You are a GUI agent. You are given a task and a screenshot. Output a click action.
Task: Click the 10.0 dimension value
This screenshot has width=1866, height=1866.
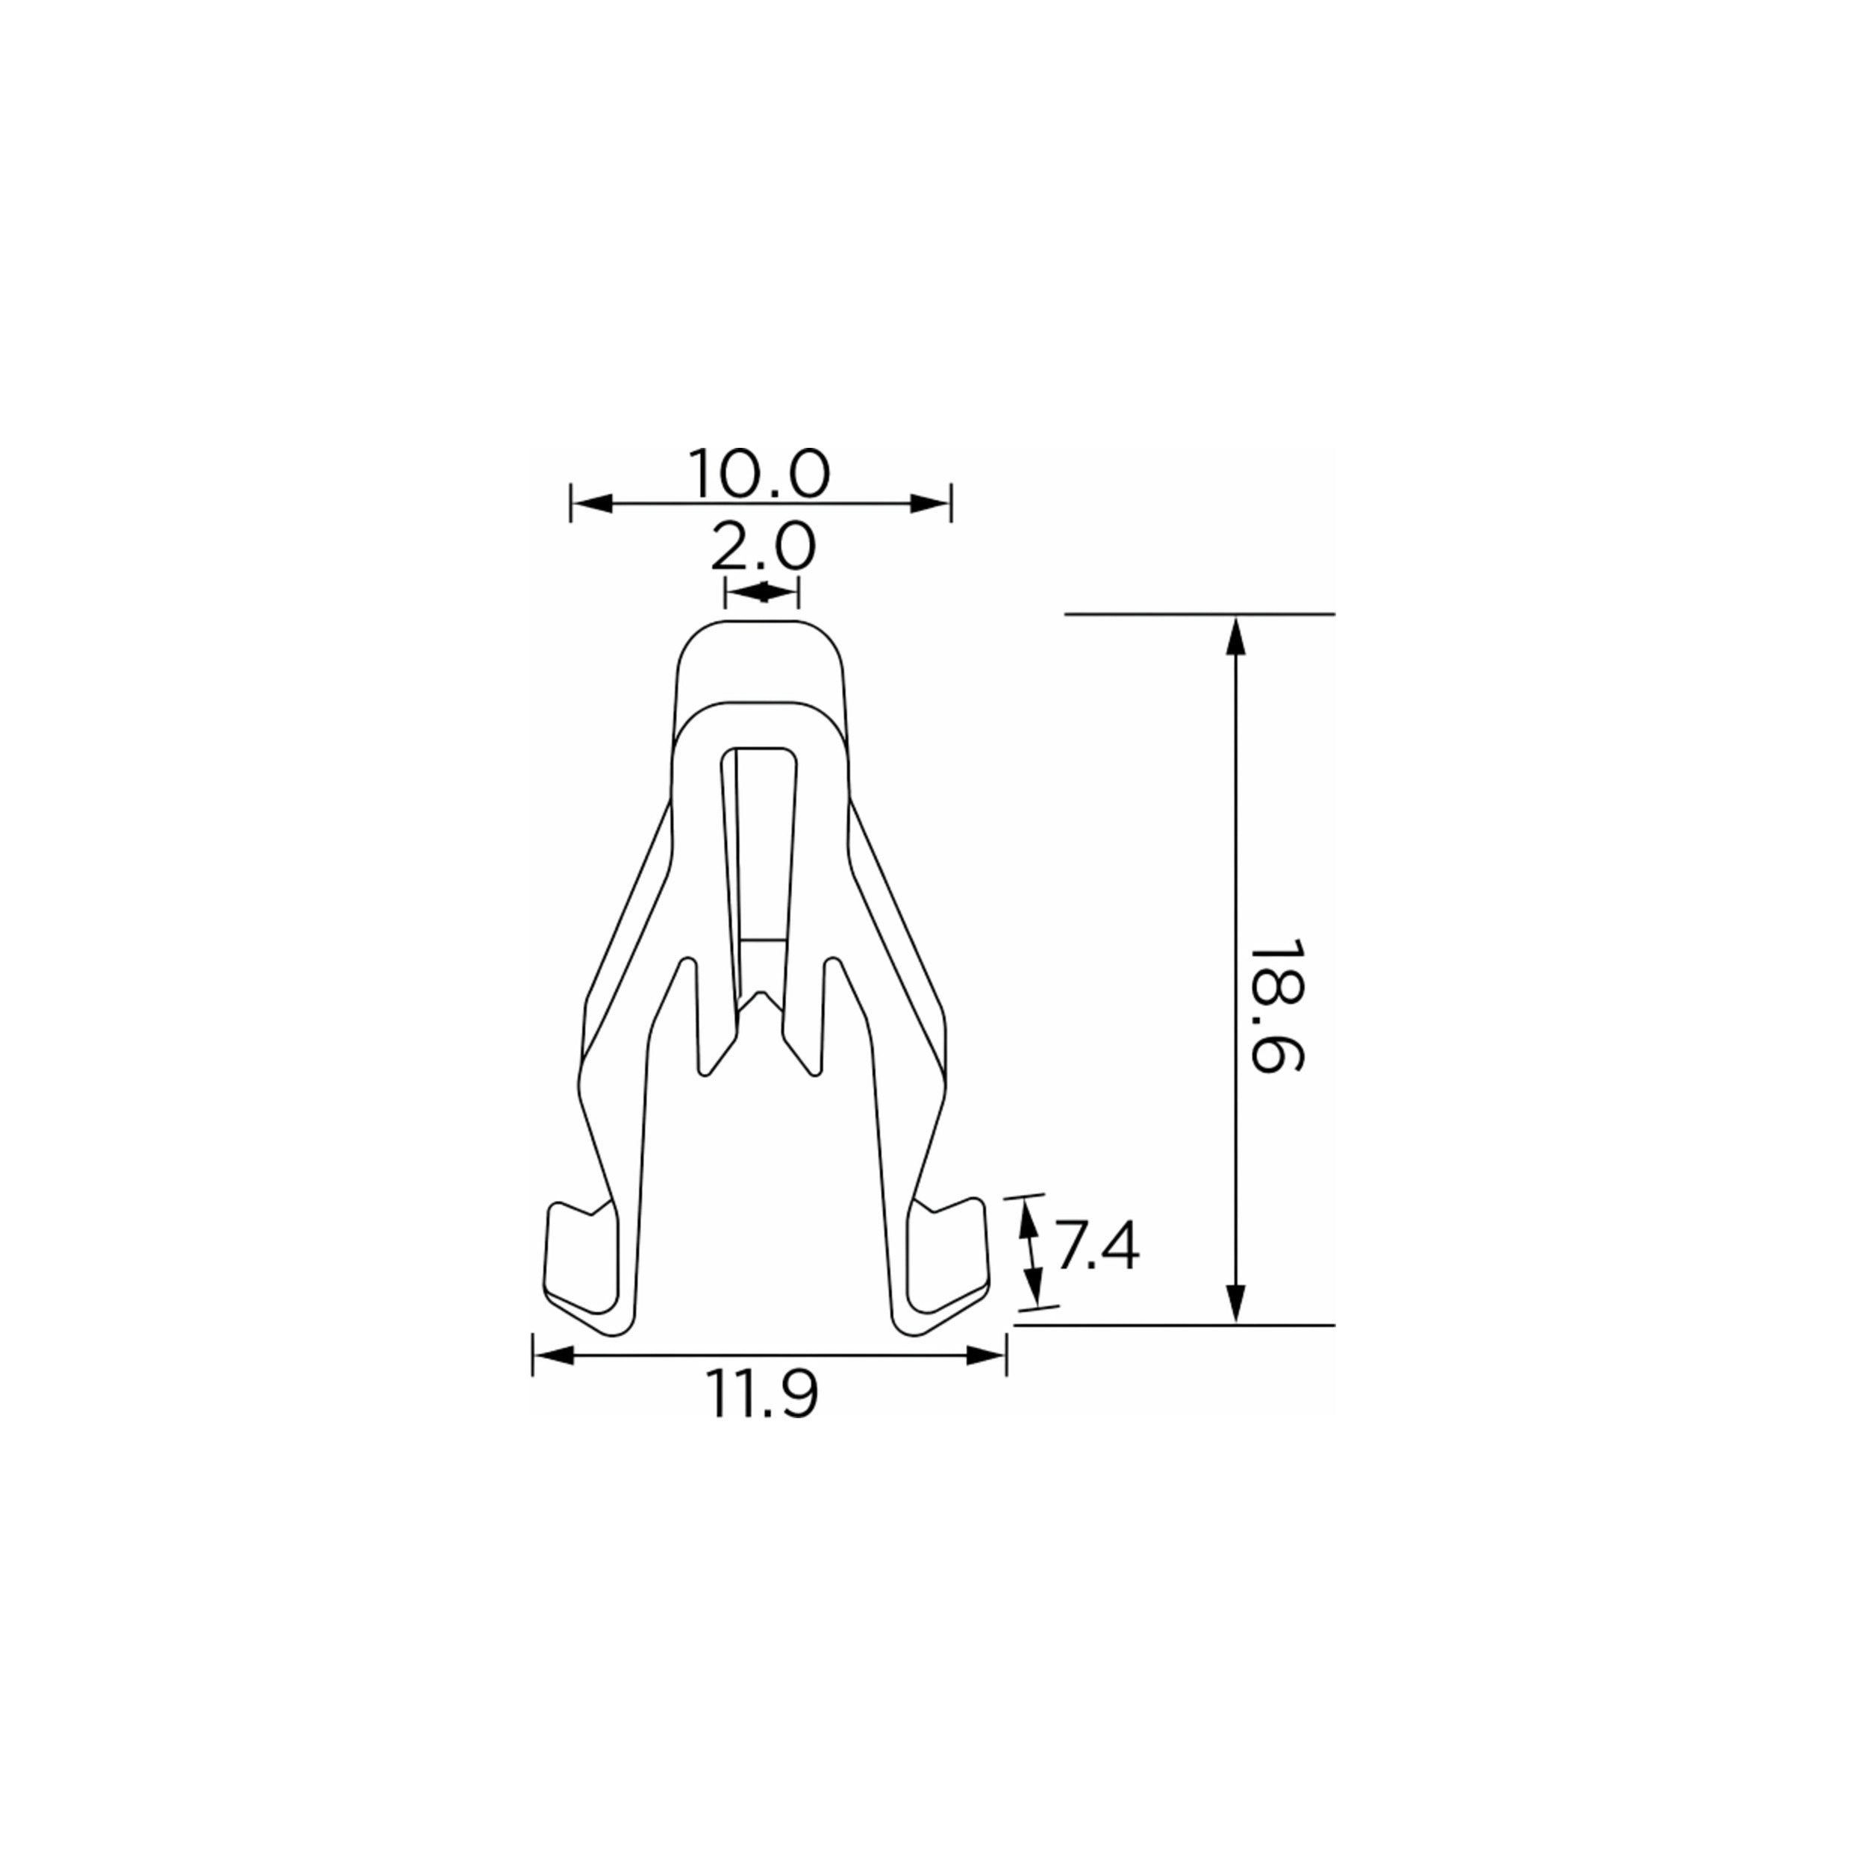click(759, 473)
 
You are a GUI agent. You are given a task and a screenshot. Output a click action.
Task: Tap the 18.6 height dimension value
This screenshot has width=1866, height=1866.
click(1276, 1005)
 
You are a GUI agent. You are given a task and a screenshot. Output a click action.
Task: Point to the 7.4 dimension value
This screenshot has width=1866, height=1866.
click(1095, 1247)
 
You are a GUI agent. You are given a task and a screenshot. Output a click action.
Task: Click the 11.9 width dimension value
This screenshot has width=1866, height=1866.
click(763, 1395)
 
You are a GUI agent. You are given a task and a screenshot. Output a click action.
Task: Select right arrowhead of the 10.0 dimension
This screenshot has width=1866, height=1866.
click(930, 503)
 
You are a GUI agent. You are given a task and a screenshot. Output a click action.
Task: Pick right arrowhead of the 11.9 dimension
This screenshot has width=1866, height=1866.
click(986, 1356)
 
